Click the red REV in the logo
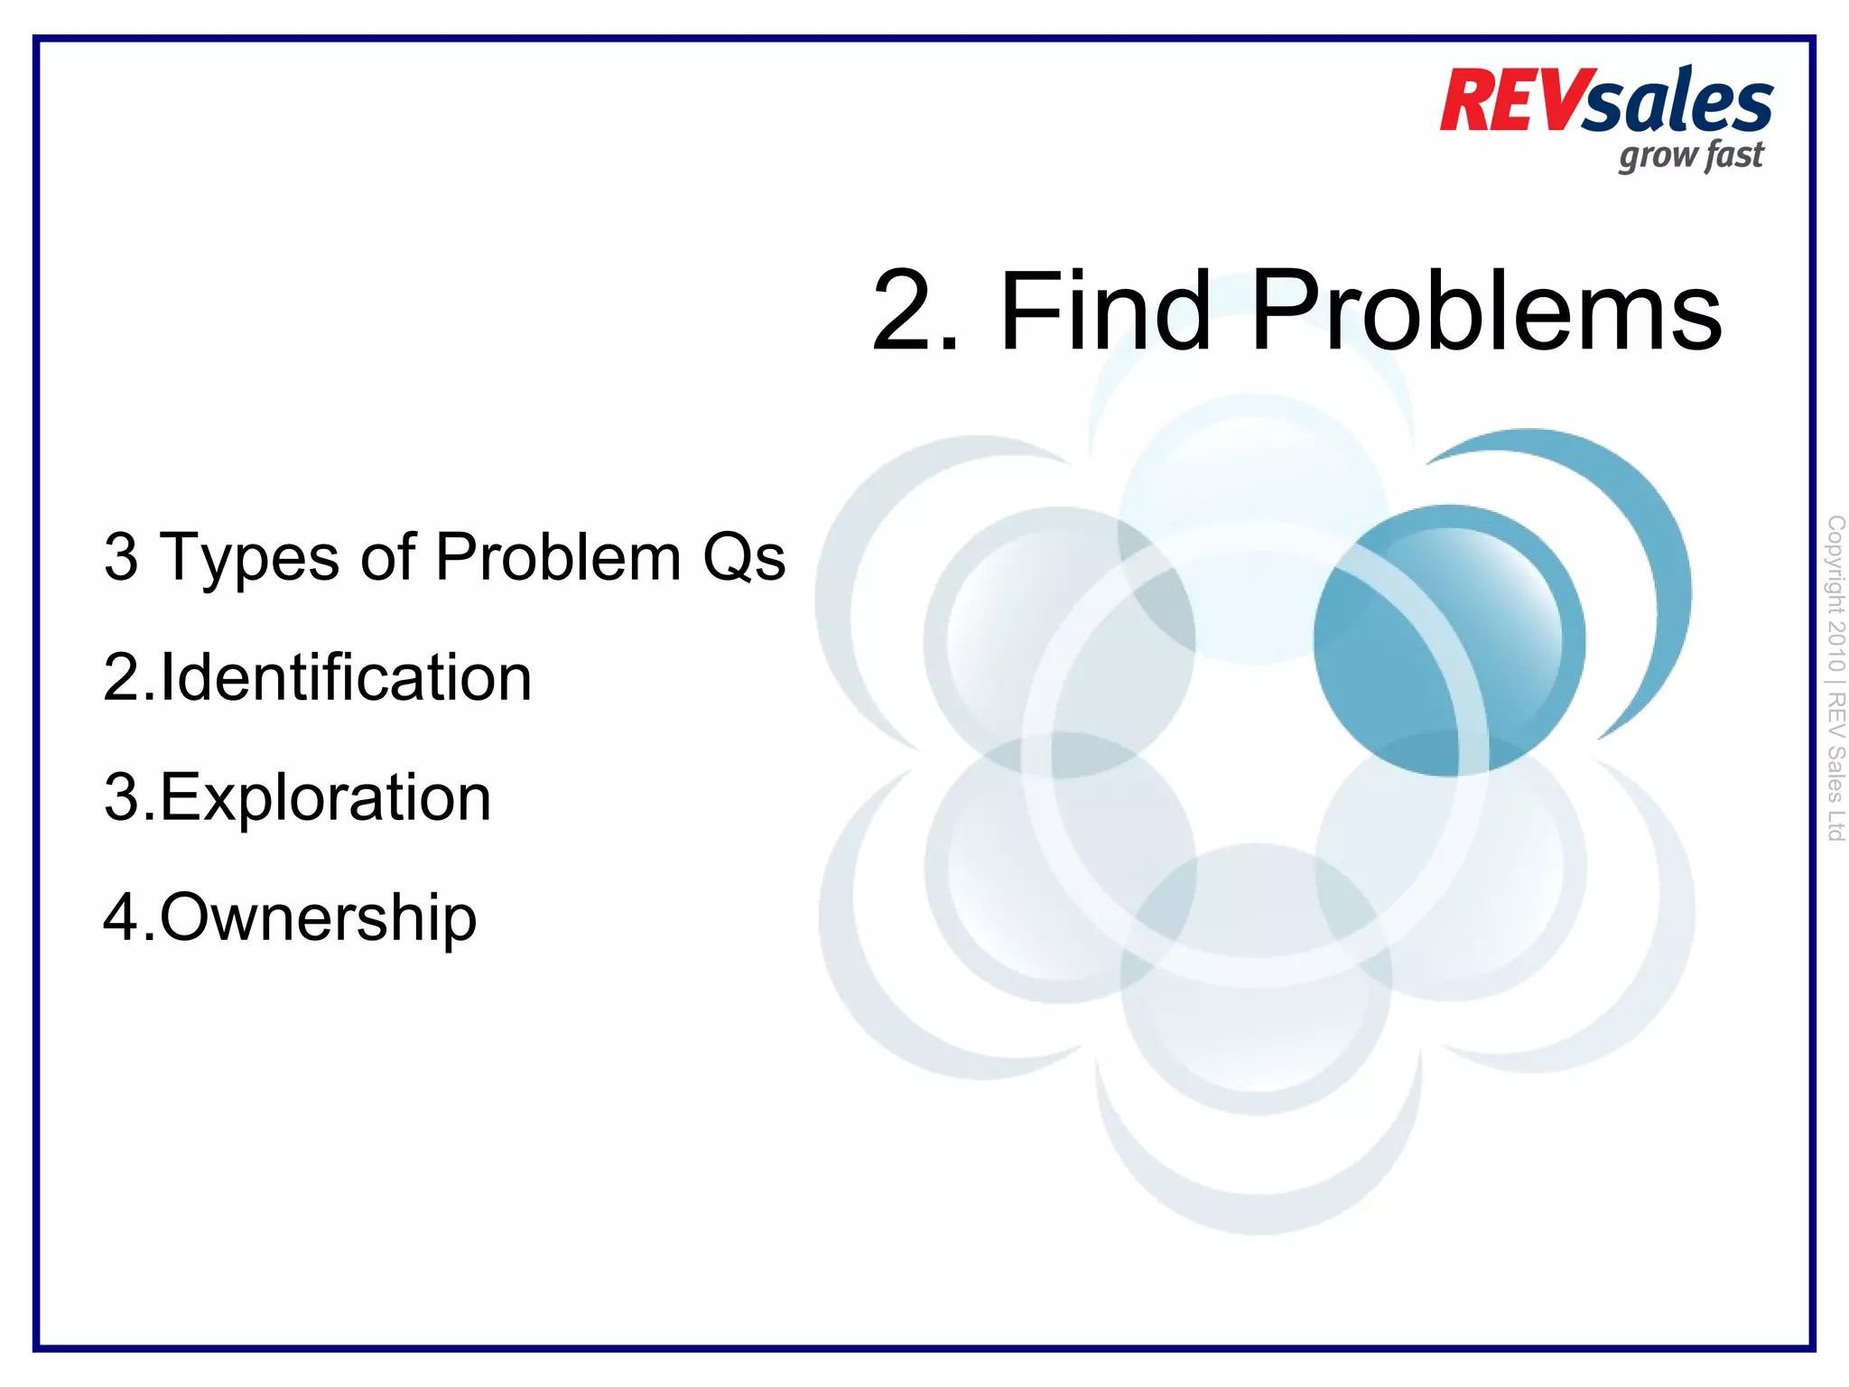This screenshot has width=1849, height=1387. (x=1510, y=101)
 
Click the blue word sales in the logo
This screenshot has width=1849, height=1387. (x=1677, y=104)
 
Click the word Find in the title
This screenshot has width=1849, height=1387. (x=1105, y=311)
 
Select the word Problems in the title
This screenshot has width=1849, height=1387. (x=1486, y=311)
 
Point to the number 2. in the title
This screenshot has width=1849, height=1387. (x=914, y=311)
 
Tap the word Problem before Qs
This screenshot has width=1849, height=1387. (x=558, y=556)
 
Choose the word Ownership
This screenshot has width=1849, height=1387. (x=318, y=919)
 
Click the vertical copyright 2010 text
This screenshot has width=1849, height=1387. (x=1835, y=596)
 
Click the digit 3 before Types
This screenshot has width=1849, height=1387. (x=121, y=557)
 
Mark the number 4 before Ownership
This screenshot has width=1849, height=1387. (x=121, y=919)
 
